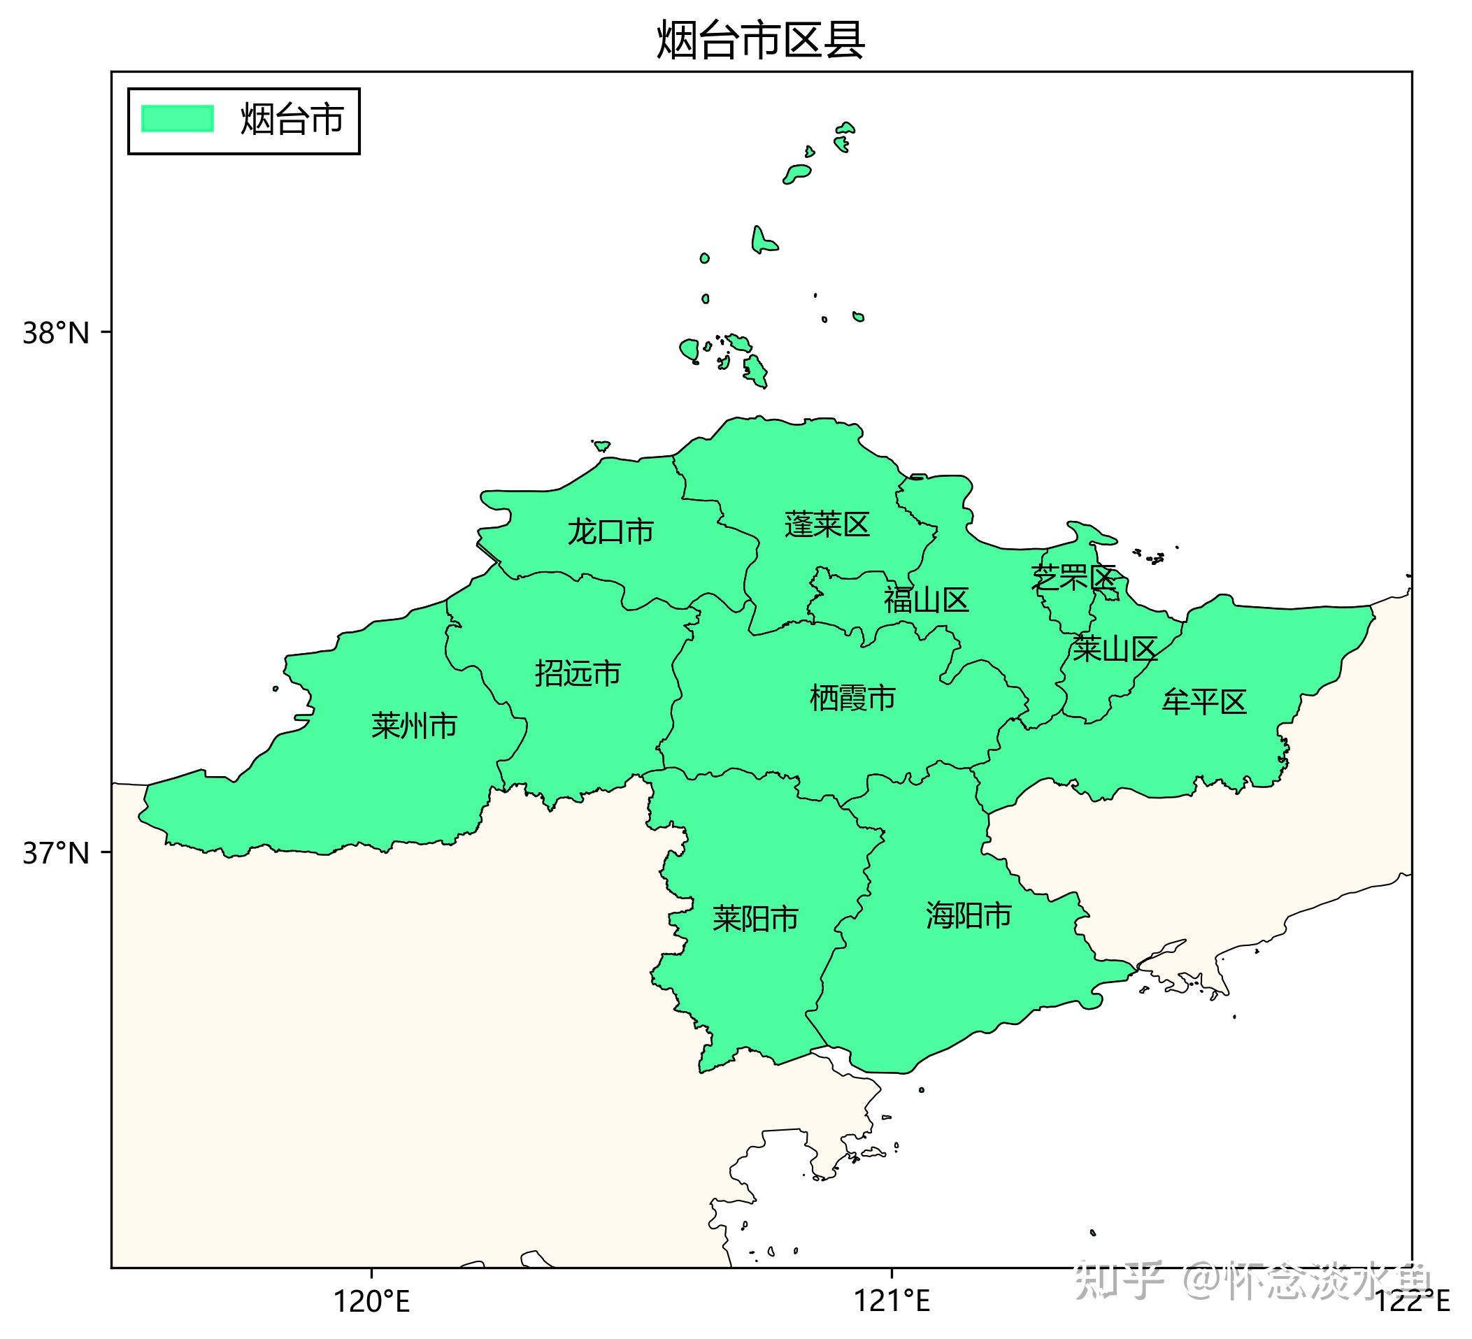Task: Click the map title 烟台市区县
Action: [761, 40]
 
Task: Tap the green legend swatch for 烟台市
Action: [178, 118]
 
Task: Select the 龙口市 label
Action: [610, 531]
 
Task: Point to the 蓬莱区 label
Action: [827, 524]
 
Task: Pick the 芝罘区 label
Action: [1073, 578]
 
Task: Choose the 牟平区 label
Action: [1204, 701]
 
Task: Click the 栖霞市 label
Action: [853, 698]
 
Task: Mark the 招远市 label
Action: [578, 673]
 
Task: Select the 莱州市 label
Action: [414, 726]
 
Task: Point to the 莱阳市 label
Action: [756, 919]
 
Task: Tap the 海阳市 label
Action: [969, 915]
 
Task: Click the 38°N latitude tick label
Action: [55, 334]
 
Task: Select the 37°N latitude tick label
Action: [55, 853]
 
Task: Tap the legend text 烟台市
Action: [292, 120]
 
